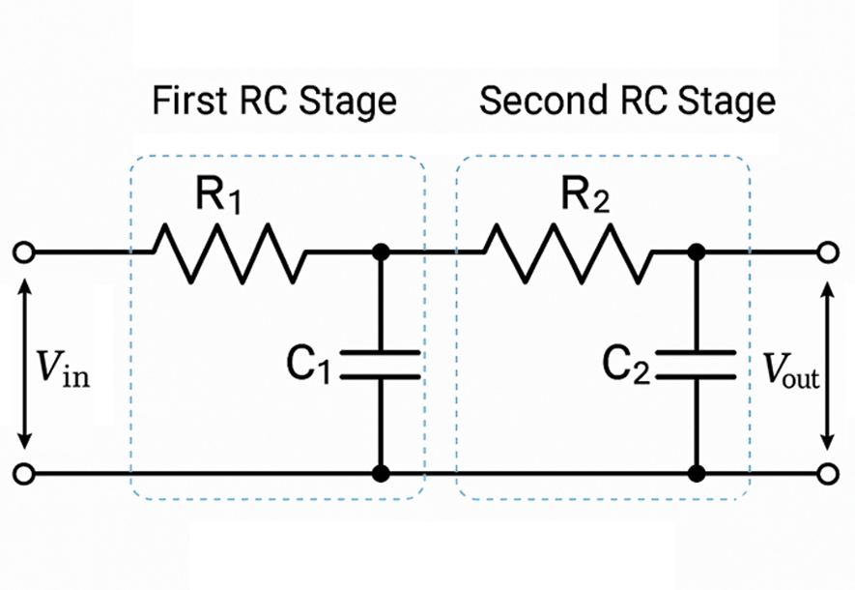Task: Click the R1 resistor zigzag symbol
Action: [x=228, y=252]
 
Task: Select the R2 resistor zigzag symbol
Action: [x=567, y=252]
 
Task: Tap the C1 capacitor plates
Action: [x=381, y=364]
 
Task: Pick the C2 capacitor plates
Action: [x=695, y=364]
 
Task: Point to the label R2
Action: [x=586, y=199]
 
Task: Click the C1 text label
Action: [x=309, y=366]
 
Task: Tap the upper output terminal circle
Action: [x=827, y=252]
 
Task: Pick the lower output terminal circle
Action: [x=827, y=474]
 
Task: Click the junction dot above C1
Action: [x=381, y=252]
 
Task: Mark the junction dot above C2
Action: [x=695, y=252]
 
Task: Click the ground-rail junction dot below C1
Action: [x=381, y=474]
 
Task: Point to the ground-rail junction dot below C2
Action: [x=695, y=474]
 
